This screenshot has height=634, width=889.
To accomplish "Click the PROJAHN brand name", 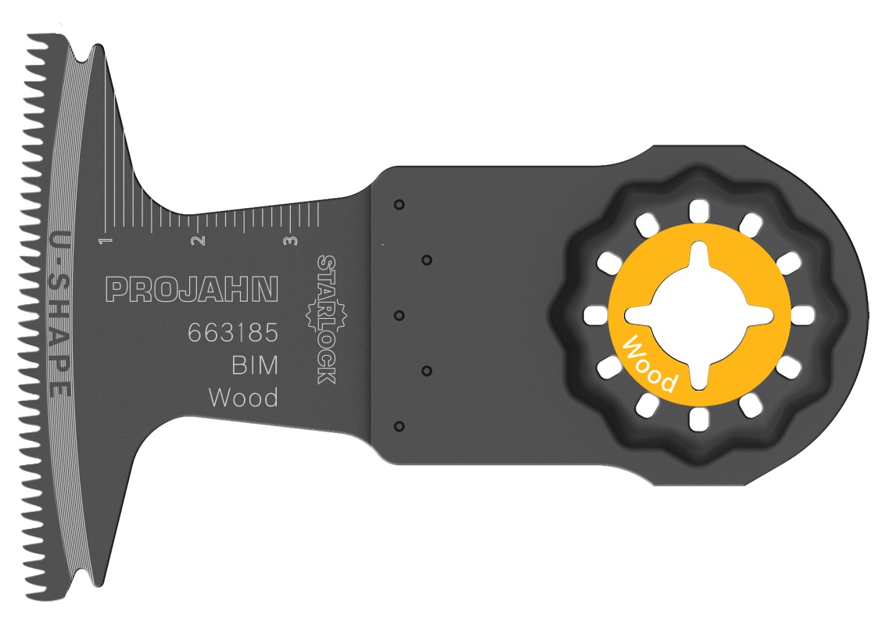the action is click(x=192, y=289).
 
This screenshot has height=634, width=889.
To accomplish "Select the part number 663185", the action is click(x=233, y=333).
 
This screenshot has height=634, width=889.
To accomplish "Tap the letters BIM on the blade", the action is click(x=255, y=366).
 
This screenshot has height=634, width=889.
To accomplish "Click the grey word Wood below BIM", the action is click(x=243, y=398).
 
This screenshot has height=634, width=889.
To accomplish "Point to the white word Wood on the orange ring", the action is click(x=649, y=363).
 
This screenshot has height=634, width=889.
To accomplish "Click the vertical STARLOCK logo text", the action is click(x=327, y=320).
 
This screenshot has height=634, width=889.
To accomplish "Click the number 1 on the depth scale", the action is click(x=104, y=241).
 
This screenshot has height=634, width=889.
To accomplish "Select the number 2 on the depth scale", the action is click(x=198, y=241).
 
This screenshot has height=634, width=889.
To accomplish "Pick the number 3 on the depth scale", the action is click(x=292, y=241).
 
